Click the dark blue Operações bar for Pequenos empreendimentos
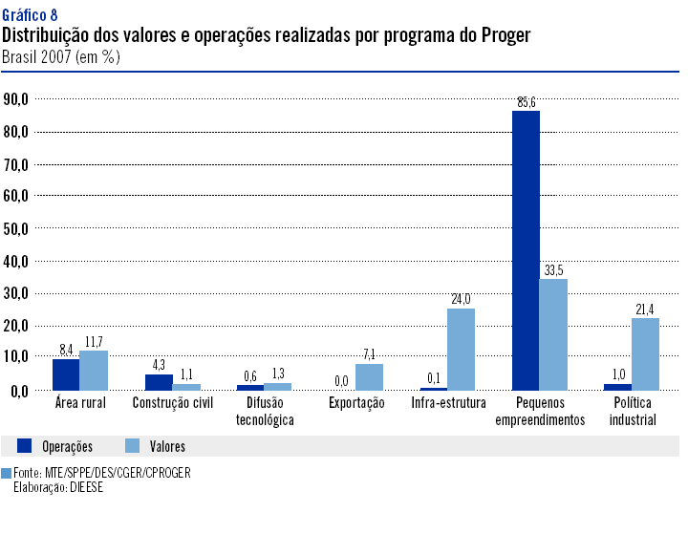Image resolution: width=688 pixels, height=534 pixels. (x=526, y=250)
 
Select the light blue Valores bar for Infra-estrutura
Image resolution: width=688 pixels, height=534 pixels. (x=461, y=349)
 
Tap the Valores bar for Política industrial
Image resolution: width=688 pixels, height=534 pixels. (x=645, y=353)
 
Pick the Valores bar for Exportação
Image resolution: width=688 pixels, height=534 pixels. (x=369, y=376)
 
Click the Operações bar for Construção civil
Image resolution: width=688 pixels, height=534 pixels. (x=159, y=382)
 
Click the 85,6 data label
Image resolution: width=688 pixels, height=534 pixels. (x=527, y=102)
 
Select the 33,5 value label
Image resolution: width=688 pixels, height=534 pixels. (x=554, y=270)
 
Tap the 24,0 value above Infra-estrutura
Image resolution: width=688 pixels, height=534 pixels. (x=461, y=300)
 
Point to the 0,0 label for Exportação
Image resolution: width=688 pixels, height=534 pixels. (x=341, y=381)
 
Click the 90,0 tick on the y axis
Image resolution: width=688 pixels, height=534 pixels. (x=16, y=98)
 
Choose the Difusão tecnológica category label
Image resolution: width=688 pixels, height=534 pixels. (x=264, y=411)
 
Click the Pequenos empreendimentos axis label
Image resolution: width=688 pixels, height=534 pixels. (x=539, y=411)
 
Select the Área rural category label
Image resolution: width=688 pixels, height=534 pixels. (x=80, y=403)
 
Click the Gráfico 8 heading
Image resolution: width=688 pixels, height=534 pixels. (x=30, y=13)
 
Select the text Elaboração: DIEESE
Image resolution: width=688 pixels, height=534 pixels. (x=58, y=487)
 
